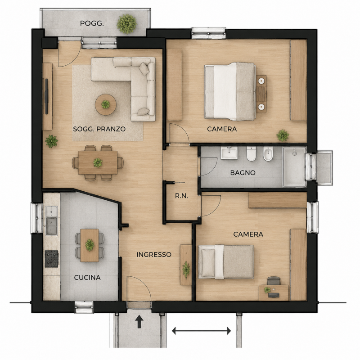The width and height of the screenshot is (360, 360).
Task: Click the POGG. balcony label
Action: [x=92, y=23]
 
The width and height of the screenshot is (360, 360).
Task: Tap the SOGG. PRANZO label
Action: [x=99, y=129]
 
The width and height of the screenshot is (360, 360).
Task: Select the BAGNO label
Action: [x=243, y=173]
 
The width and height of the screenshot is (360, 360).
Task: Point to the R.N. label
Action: [x=181, y=196]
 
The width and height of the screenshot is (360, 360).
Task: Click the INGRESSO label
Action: [x=154, y=255]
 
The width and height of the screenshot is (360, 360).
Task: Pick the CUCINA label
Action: [x=87, y=278]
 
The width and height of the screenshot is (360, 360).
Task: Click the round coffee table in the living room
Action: [x=106, y=104]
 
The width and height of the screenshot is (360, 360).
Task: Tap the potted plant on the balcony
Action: [x=127, y=24]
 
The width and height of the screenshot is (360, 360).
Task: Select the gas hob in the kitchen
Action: [x=51, y=259]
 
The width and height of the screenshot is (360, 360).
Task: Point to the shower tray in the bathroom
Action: [x=294, y=167]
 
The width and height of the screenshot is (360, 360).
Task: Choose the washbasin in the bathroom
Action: [x=229, y=153]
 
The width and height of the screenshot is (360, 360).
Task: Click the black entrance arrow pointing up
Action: [x=139, y=321]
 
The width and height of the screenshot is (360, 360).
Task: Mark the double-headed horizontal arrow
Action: [x=201, y=331]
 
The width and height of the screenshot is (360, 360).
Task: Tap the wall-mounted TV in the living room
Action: [x=46, y=96]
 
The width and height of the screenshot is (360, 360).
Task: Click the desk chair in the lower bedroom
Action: [x=274, y=281]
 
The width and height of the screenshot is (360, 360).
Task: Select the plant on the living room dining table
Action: [x=98, y=162]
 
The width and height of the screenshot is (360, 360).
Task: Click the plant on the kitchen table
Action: [x=90, y=245]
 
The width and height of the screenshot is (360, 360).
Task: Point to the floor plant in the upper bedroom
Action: [x=283, y=135]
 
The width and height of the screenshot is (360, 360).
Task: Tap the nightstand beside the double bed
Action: [x=261, y=94]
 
